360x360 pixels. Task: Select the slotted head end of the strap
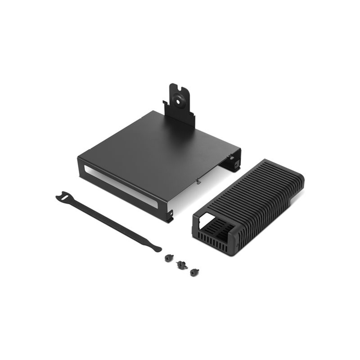(63, 197)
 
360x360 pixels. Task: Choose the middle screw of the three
(182, 265)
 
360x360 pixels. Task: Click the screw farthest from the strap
(194, 271)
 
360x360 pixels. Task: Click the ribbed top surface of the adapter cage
(256, 189)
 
